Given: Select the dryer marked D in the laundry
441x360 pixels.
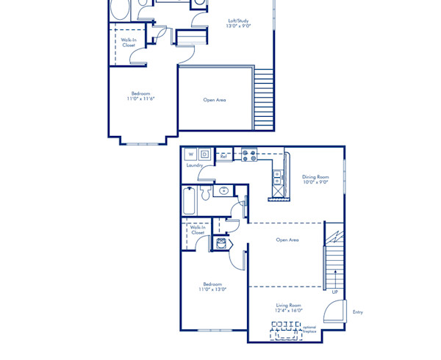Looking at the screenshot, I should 204,154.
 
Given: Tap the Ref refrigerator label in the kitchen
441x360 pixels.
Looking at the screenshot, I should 223,156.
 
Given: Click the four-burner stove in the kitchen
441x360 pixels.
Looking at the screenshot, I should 248,155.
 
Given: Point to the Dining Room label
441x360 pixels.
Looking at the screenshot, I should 315,176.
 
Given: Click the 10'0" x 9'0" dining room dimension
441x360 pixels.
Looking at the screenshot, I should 315,181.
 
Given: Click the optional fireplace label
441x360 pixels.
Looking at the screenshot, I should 309,329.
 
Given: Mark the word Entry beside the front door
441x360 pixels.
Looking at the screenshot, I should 357,312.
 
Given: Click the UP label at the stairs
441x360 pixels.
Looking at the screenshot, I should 334,292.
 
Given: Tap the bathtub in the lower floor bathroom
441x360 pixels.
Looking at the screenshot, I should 190,200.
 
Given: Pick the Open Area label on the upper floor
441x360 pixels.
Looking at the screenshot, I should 215,99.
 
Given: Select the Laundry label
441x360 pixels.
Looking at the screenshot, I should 195,165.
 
